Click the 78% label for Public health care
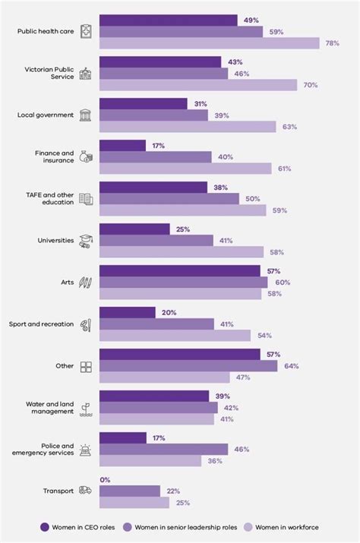[332, 43]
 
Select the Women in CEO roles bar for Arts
[179, 270]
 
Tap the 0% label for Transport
[106, 479]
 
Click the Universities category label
[55, 240]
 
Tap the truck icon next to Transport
[86, 491]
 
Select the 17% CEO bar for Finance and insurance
[122, 145]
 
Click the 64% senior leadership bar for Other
[188, 366]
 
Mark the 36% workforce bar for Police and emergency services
[150, 461]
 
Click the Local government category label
[46, 115]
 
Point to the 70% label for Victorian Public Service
[310, 85]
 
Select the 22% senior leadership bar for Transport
[129, 491]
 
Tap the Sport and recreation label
[41, 324]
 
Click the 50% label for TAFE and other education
[252, 198]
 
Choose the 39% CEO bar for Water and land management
[153, 396]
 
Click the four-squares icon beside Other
[86, 366]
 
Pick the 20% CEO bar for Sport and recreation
[127, 312]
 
